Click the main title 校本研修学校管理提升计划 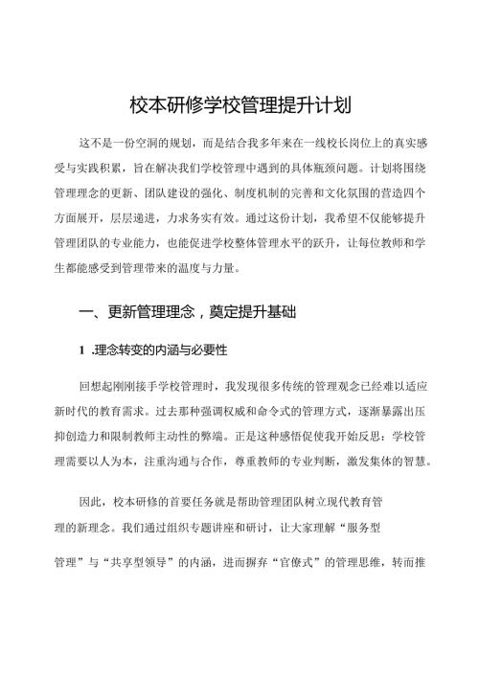(x=239, y=103)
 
